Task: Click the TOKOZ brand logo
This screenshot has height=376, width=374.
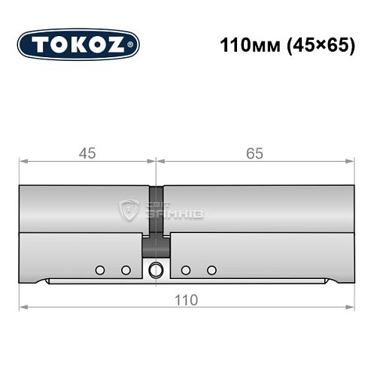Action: point(78,44)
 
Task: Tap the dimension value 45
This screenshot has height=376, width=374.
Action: point(87,153)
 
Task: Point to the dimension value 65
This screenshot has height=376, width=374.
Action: point(254,153)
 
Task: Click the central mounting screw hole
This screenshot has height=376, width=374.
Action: point(156,270)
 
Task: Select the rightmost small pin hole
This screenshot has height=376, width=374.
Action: point(212,270)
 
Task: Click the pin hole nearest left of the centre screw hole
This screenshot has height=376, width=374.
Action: point(126,270)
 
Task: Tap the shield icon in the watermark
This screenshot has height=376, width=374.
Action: point(130,211)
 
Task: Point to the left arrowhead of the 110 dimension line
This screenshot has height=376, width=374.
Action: point(23,307)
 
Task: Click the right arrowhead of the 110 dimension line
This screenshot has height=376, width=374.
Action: point(350,307)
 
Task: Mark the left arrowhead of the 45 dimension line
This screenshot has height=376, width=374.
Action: point(23,161)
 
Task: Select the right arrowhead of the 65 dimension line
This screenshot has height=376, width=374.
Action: point(350,161)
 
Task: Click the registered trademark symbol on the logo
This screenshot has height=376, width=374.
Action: point(133,45)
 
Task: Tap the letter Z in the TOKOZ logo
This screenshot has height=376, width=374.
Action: point(119,44)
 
